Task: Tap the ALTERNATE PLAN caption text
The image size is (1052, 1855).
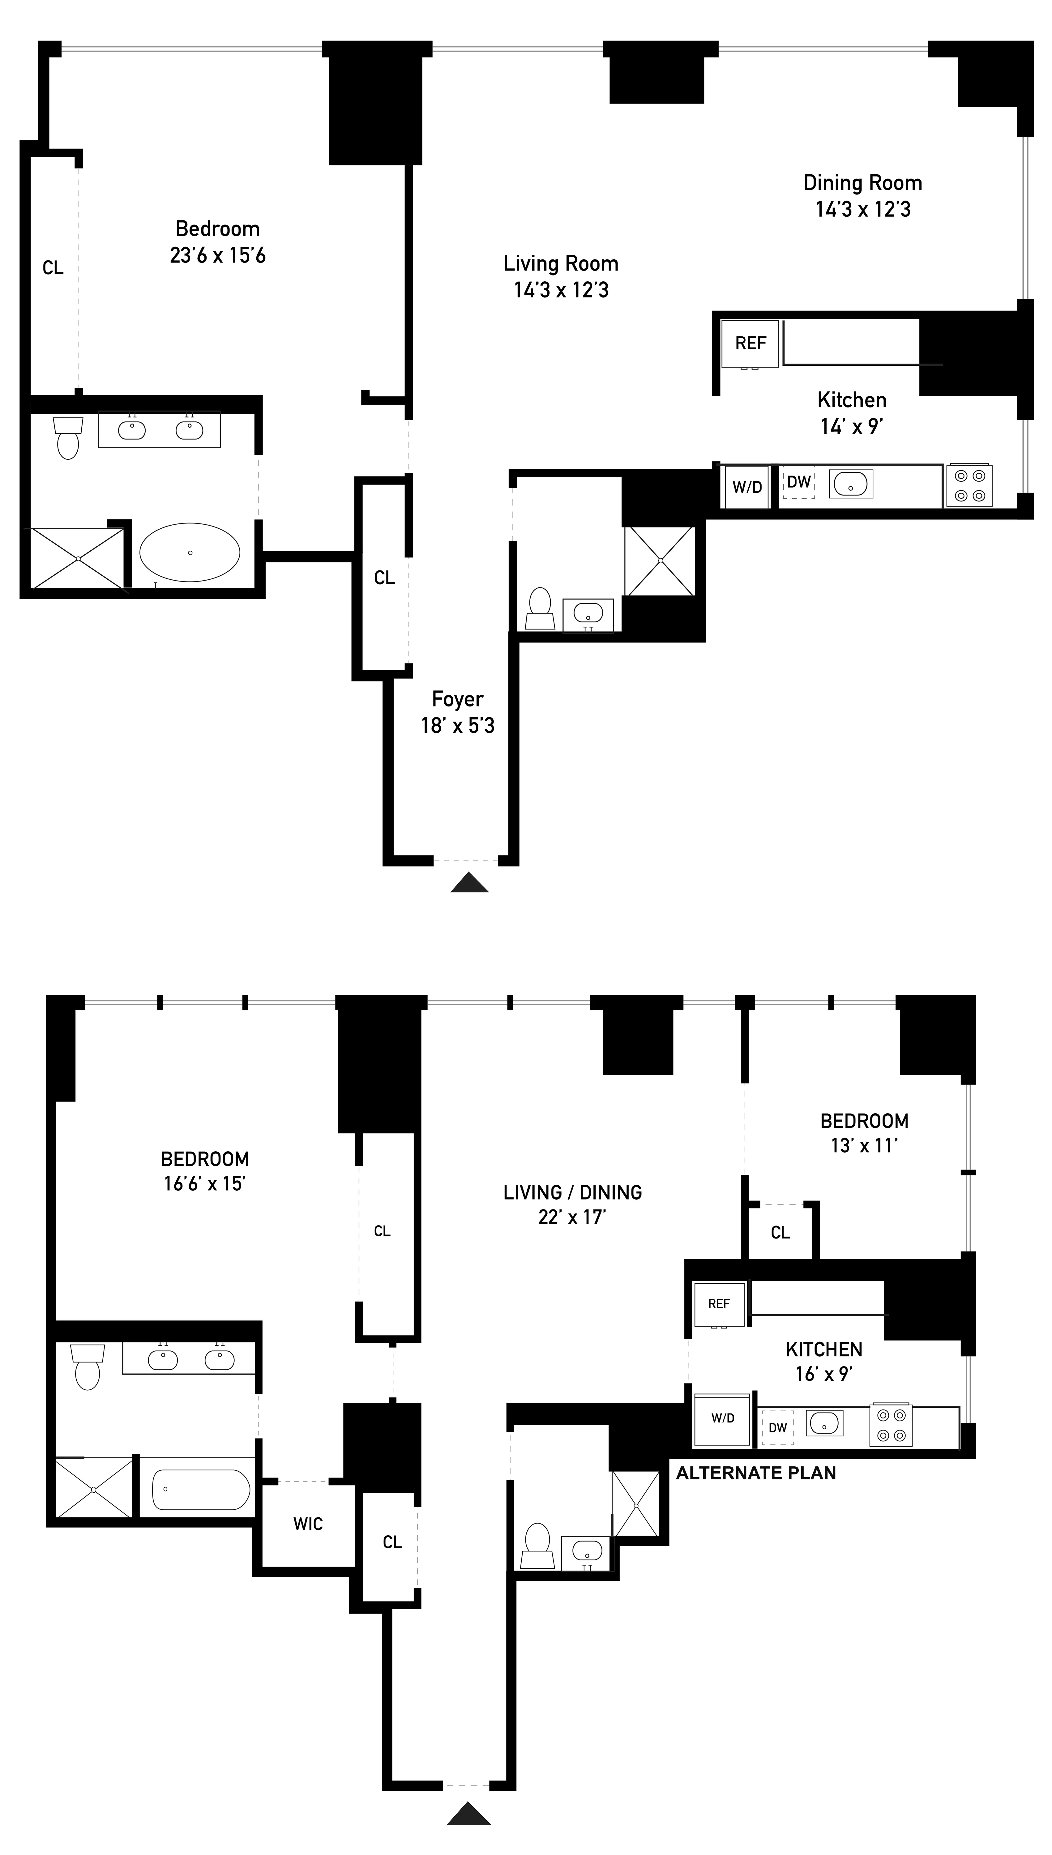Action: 756,1473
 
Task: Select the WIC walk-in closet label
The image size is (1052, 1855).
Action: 308,1524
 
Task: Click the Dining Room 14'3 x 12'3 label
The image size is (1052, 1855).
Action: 863,196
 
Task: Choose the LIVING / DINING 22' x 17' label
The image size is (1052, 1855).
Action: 572,1204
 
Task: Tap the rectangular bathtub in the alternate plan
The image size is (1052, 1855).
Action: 201,1489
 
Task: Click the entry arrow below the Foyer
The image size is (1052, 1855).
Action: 470,883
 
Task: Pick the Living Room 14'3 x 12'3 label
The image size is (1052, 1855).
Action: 561,277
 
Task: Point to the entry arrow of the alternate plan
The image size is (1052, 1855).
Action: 469,1813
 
